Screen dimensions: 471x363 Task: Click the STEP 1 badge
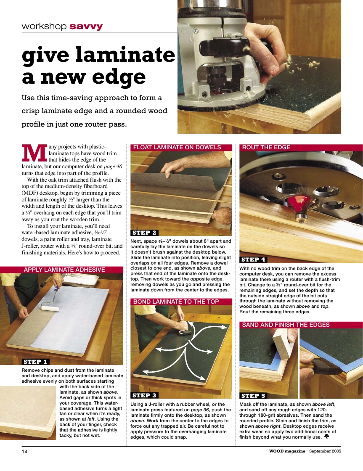pyautogui.click(x=36, y=361)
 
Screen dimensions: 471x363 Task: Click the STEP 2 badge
pyautogui.click(x=145, y=233)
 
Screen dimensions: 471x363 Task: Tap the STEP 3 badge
pyautogui.click(x=145, y=395)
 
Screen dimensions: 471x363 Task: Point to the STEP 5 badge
pyautogui.click(x=253, y=396)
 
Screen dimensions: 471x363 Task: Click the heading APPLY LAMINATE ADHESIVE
pyautogui.click(x=64, y=270)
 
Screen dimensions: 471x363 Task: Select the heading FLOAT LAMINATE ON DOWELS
pyautogui.click(x=177, y=147)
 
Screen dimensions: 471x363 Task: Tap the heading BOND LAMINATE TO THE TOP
pyautogui.click(x=176, y=302)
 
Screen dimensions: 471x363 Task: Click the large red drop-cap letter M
pyautogui.click(x=34, y=153)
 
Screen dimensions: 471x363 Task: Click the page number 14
pyautogui.click(x=24, y=452)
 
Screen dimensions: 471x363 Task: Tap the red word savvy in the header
pyautogui.click(x=86, y=26)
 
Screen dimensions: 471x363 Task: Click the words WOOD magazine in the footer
pyautogui.click(x=288, y=451)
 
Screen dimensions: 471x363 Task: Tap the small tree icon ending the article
pyautogui.click(x=326, y=437)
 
